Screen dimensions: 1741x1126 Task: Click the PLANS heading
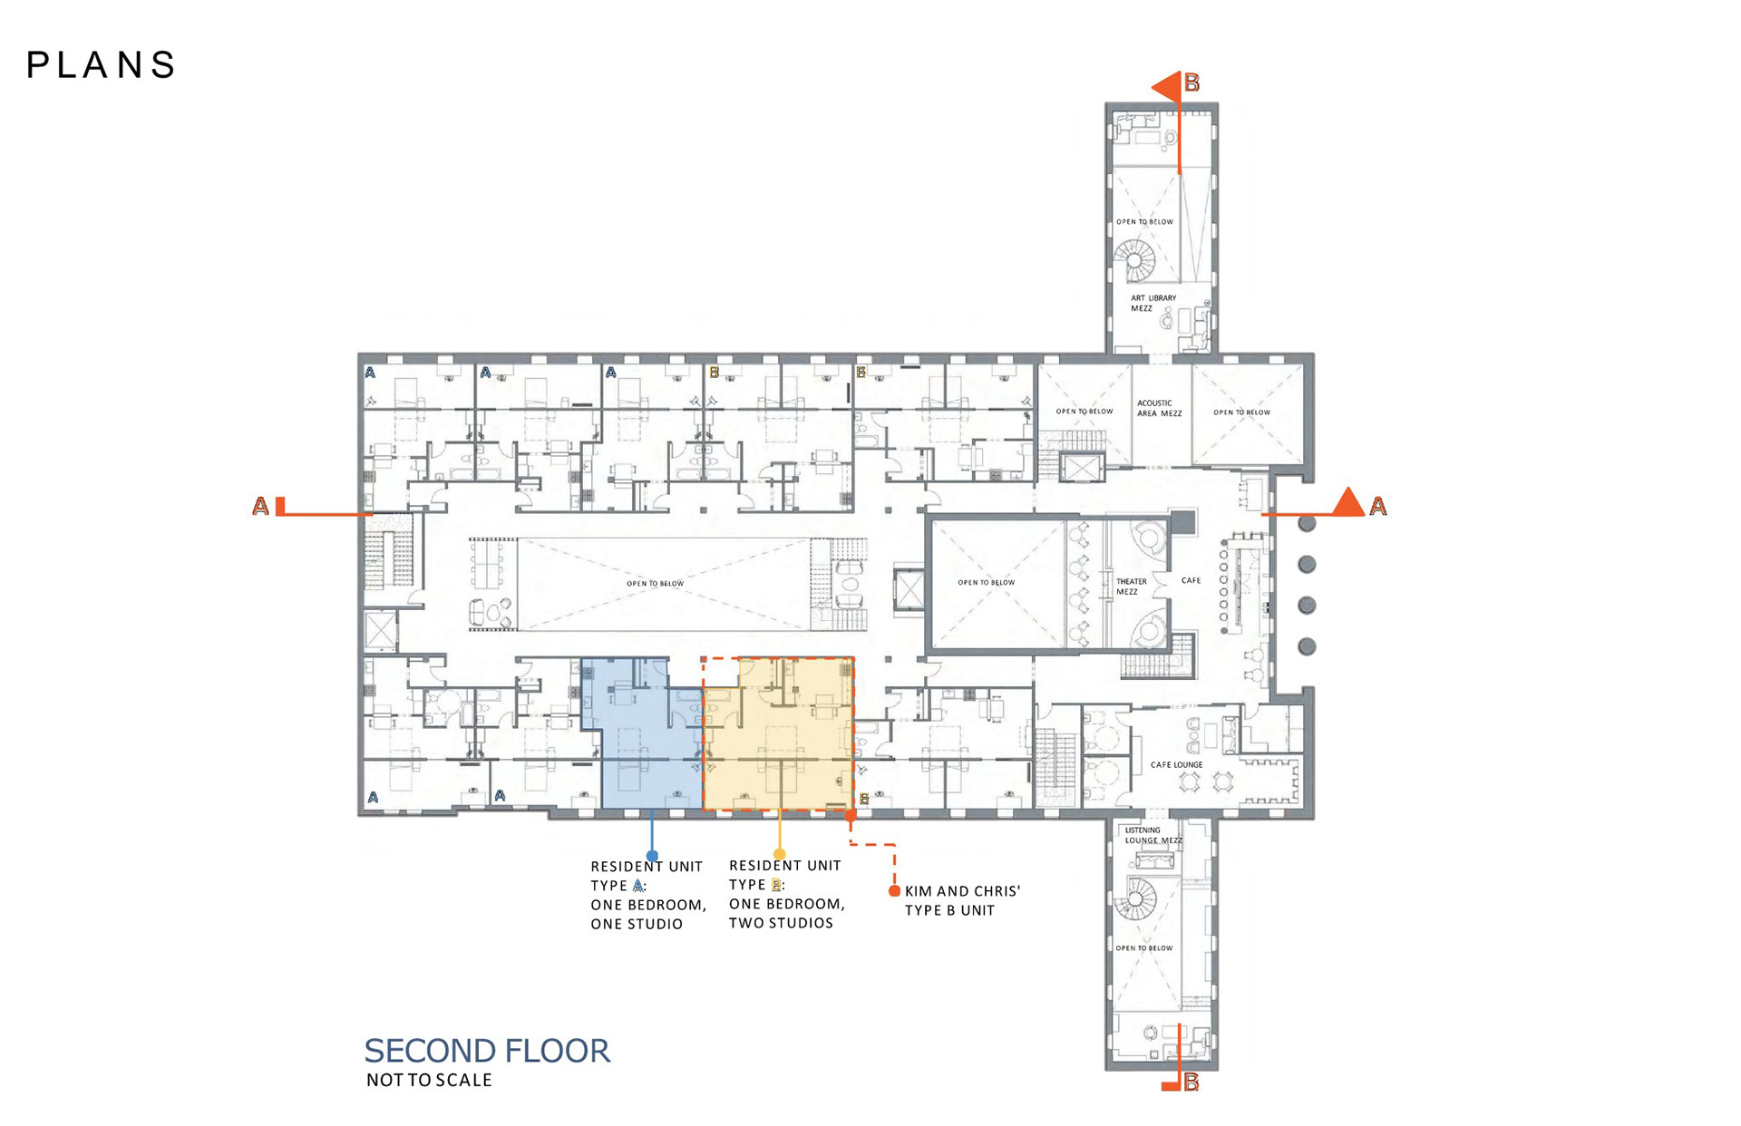101,65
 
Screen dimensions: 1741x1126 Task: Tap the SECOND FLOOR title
487,1051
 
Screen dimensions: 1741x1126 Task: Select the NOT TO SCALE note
429,1080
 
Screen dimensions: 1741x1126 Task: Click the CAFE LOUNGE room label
1176,765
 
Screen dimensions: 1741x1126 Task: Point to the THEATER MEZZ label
1130,587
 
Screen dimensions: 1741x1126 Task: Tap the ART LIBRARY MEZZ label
1153,303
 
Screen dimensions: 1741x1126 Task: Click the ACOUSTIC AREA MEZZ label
1159,408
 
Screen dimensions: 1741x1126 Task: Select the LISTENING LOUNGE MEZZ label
1153,835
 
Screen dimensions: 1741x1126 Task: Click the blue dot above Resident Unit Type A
652,856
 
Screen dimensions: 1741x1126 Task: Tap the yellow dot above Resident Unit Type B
779,854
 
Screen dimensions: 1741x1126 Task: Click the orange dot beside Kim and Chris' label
894,891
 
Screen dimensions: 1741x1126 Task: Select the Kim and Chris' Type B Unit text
962,901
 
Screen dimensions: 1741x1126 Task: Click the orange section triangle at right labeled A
1348,502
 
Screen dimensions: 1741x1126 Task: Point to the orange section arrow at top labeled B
1166,87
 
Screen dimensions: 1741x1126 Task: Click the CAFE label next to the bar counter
1191,580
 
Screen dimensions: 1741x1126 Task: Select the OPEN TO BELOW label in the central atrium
655,584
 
